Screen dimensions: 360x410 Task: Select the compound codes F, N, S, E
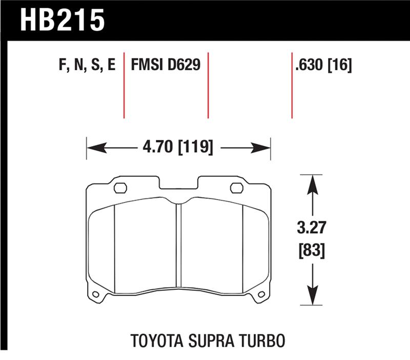click(84, 65)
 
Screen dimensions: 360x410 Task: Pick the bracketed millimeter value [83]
click(311, 251)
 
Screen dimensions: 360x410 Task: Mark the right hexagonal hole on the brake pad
click(236, 188)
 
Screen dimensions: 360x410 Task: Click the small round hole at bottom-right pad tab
click(262, 294)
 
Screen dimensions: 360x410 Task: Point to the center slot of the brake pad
click(178, 246)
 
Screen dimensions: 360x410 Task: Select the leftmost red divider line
click(124, 85)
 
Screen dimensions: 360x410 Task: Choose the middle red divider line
click(208, 85)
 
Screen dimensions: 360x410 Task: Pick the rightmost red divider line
click(292, 85)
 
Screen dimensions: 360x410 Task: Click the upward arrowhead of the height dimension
click(311, 179)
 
